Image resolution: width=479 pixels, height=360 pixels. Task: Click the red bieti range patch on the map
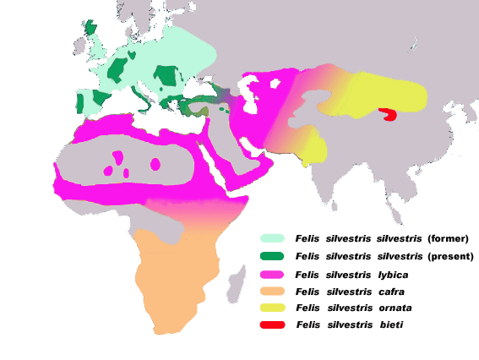(x=389, y=114)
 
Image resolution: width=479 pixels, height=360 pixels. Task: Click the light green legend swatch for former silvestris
(x=272, y=238)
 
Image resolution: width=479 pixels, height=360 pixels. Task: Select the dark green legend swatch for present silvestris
(x=272, y=256)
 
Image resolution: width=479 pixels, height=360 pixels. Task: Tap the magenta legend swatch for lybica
(x=272, y=275)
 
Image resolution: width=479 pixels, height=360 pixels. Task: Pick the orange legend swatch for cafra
(x=272, y=292)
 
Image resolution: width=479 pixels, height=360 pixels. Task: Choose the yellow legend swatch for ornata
(x=272, y=308)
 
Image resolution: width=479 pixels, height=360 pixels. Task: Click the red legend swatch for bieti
(x=272, y=325)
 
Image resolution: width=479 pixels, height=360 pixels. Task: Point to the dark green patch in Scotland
(x=90, y=27)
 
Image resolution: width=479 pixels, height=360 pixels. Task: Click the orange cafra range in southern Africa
(x=173, y=270)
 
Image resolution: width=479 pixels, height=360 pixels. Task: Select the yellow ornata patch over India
(x=313, y=150)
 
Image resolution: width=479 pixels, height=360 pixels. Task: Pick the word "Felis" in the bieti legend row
(x=307, y=325)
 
